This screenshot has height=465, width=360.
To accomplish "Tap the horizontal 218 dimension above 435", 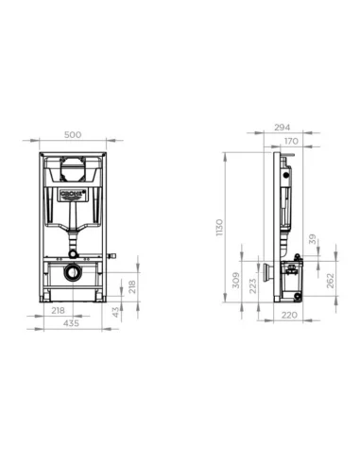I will (60, 310).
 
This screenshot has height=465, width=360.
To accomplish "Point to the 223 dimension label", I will (252, 284).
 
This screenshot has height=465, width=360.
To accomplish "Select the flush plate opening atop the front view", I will (72, 169).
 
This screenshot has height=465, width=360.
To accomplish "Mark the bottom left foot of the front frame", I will (46, 300).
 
